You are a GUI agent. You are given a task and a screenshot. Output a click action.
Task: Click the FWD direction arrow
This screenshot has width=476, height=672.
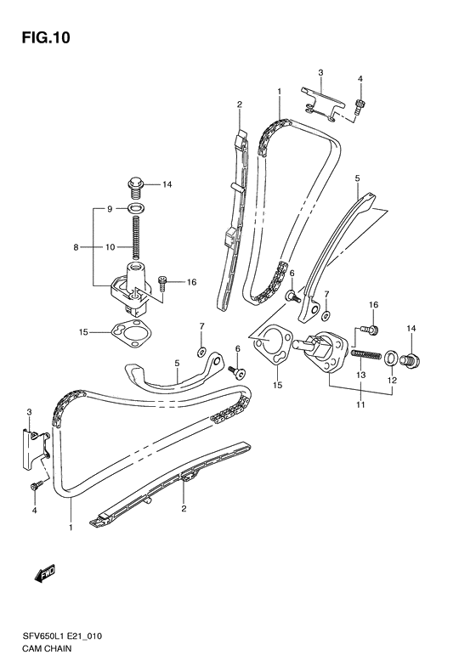[44, 576]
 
